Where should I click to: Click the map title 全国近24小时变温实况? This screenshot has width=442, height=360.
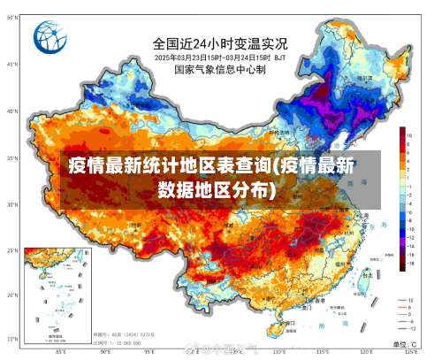tap(220, 42)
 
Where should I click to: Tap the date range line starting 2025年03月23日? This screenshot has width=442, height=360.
tap(220, 57)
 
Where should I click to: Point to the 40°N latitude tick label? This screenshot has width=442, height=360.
tap(12, 111)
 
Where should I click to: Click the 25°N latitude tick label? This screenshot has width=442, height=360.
tap(12, 250)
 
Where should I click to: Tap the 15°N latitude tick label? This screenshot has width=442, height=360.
tap(12, 340)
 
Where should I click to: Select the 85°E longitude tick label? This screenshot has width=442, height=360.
tap(61, 352)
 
